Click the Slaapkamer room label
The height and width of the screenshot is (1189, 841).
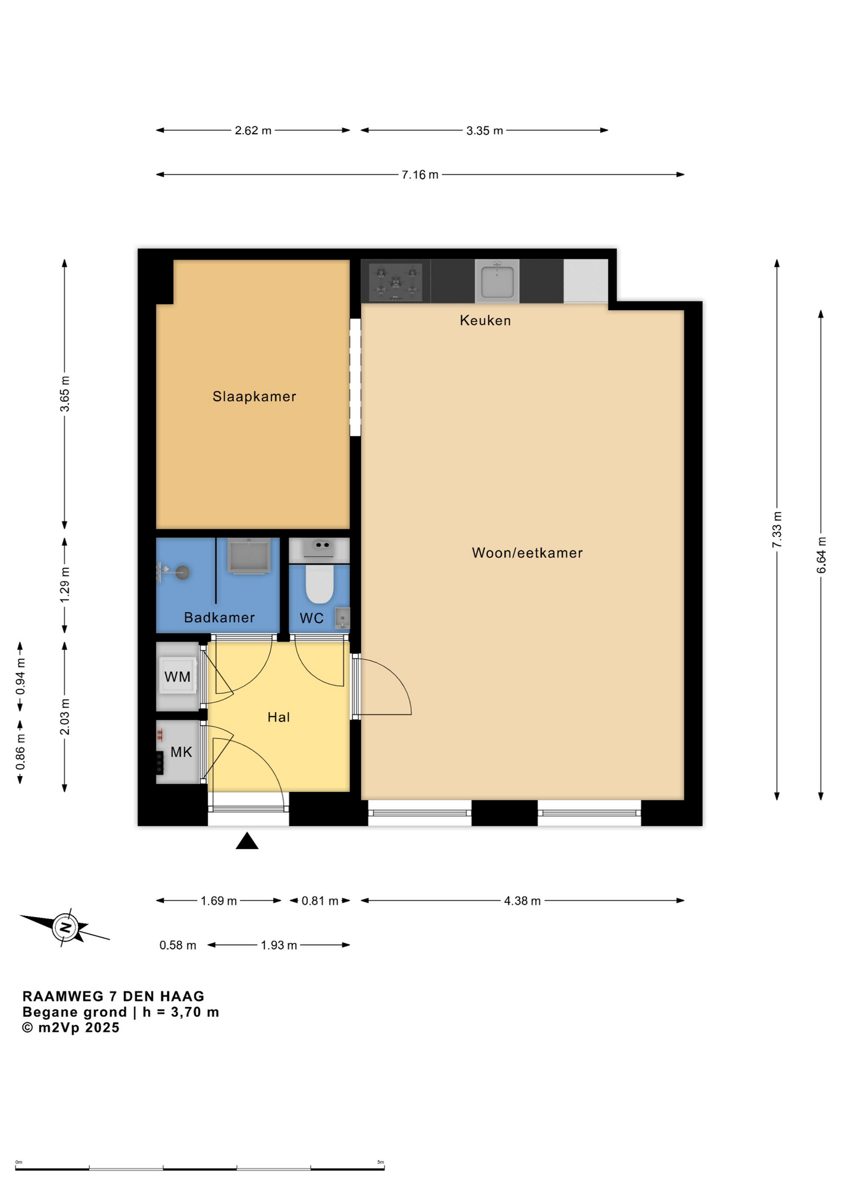click(254, 396)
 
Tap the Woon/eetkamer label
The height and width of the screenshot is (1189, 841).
click(527, 553)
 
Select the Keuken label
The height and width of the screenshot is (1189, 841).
click(485, 320)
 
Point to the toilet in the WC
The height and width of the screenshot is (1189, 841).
click(320, 583)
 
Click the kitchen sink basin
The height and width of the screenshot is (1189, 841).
click(497, 281)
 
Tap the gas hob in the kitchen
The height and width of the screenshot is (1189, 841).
click(396, 282)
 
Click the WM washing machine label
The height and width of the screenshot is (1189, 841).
click(177, 677)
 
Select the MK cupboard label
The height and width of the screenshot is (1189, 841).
click(181, 752)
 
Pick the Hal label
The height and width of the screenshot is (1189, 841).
click(279, 717)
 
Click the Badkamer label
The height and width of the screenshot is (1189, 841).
click(219, 617)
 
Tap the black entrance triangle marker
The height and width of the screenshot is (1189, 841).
click(247, 841)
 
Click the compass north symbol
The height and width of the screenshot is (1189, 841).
click(64, 927)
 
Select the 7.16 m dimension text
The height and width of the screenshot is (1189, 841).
click(420, 175)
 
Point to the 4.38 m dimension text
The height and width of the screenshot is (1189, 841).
click(522, 900)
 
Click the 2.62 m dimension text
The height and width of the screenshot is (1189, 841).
click(253, 131)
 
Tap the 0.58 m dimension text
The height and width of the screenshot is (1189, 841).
click(178, 945)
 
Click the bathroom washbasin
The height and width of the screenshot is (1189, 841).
click(249, 555)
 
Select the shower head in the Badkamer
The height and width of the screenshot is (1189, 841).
click(181, 572)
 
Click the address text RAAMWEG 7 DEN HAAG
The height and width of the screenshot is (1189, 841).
click(113, 996)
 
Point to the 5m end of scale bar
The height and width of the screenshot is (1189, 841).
click(385, 1169)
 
